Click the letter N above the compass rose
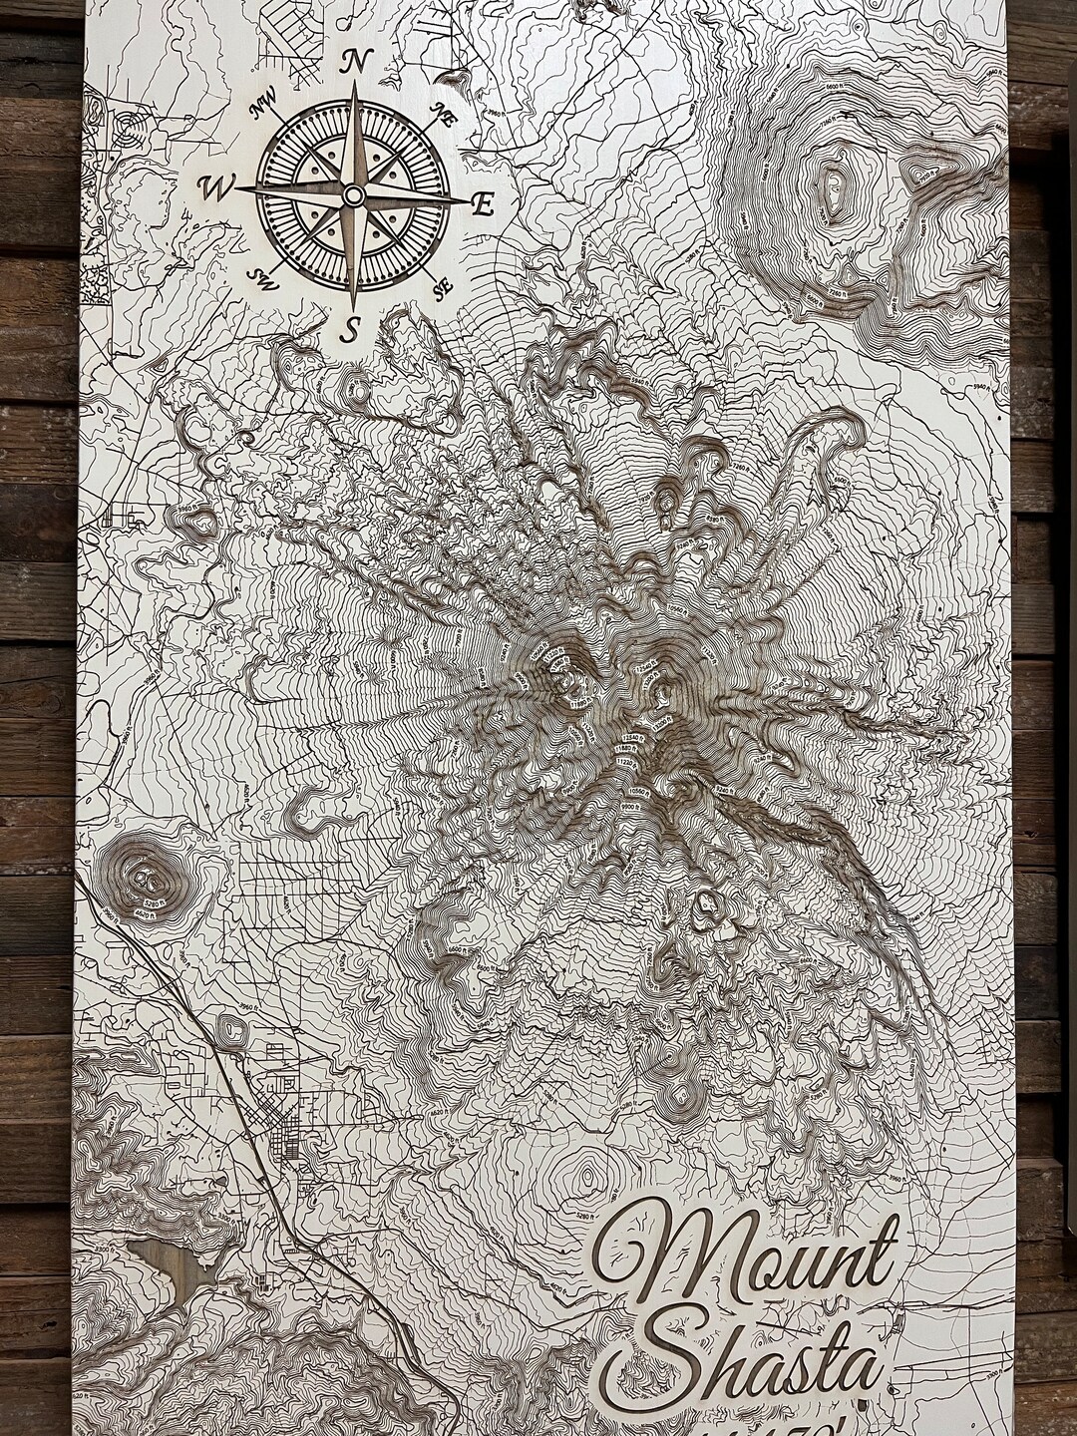click(352, 62)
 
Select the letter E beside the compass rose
click(483, 206)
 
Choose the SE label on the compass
click(440, 288)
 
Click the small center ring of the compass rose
click(353, 194)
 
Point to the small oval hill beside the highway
click(235, 1028)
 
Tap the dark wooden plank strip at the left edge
click(35, 698)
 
